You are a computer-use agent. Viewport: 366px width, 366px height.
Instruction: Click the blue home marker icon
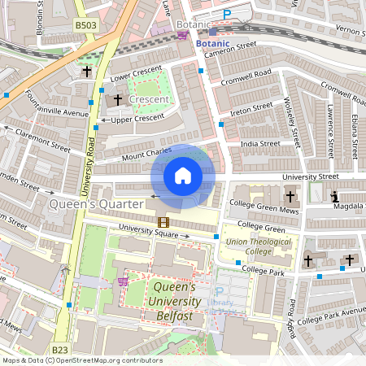pyautogui.click(x=183, y=176)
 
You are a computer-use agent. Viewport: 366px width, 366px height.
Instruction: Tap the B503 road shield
pyautogui.click(x=86, y=25)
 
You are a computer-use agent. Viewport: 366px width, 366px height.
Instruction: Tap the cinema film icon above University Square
pyautogui.click(x=163, y=222)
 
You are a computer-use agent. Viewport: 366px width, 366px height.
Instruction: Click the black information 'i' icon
pyautogui.click(x=335, y=197)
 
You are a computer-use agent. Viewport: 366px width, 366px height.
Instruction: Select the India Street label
pyautogui.click(x=260, y=143)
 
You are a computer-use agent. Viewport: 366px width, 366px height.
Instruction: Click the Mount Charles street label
pyautogui.click(x=146, y=152)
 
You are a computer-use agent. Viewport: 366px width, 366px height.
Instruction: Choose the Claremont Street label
pyautogui.click(x=42, y=145)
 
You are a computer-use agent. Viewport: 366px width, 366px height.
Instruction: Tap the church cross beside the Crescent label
pyautogui.click(x=117, y=99)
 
